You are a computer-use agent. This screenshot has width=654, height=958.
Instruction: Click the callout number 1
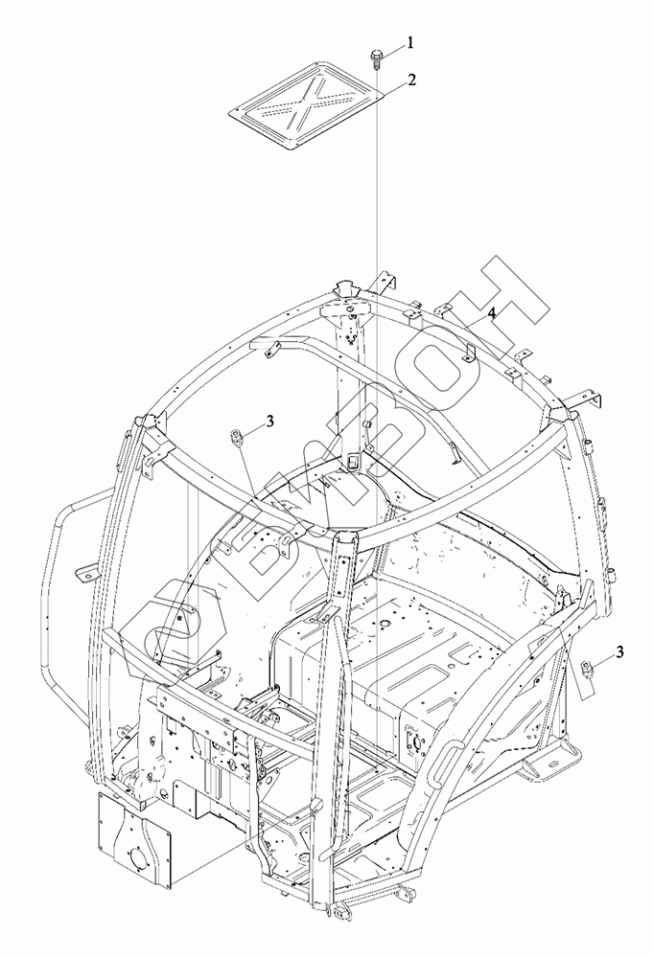coord(409,43)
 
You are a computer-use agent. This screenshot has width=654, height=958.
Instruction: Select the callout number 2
coord(410,80)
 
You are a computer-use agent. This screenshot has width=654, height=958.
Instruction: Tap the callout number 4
coord(490,313)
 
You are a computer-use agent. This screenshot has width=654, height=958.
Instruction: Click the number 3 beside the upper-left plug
coord(269,420)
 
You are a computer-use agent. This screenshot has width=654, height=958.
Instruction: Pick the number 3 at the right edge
coord(619,652)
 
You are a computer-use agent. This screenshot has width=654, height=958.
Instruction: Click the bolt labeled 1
coord(374,59)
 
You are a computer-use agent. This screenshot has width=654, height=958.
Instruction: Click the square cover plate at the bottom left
coord(134,840)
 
